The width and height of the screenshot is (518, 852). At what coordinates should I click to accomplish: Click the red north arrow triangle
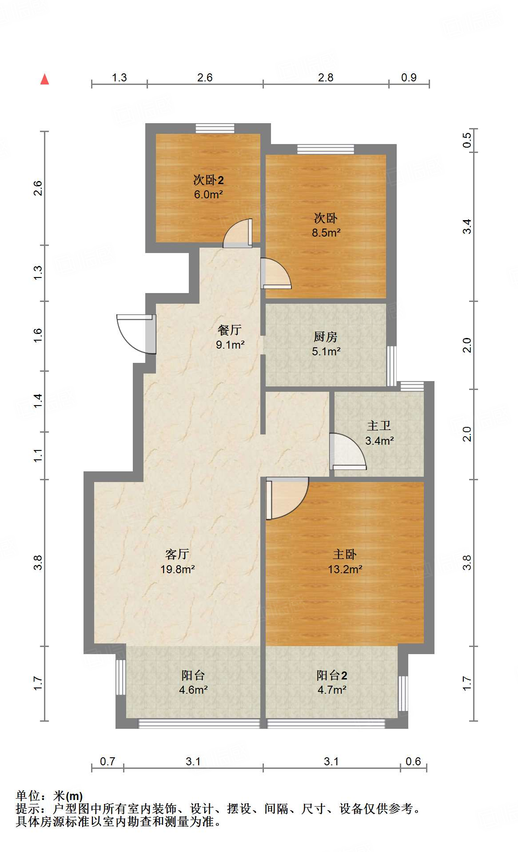[44, 80]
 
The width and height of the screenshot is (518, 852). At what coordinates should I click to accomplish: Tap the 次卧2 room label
[208, 180]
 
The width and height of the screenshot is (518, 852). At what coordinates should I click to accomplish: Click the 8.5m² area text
[326, 233]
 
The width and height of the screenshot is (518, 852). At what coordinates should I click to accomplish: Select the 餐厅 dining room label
[230, 330]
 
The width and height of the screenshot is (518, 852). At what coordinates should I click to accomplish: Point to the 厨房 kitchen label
[326, 337]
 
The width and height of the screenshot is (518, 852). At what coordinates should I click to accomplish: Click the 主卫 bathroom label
[379, 426]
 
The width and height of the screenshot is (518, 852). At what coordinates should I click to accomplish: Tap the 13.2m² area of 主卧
[345, 569]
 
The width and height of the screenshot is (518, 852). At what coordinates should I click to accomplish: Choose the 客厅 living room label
[177, 555]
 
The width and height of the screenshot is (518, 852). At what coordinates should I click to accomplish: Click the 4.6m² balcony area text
[193, 690]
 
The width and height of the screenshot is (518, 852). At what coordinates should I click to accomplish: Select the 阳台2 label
[332, 675]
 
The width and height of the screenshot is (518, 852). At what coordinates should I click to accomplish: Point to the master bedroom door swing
[287, 498]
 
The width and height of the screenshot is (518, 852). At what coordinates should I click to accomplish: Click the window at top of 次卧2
[215, 128]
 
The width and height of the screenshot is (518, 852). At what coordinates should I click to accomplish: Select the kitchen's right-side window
[391, 366]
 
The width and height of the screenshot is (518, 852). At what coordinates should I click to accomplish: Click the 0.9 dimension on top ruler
[409, 77]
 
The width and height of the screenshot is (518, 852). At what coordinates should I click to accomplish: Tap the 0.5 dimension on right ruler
[467, 141]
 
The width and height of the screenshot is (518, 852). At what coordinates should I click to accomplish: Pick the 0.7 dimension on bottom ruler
[108, 761]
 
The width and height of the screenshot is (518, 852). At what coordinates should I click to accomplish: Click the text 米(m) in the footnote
[68, 796]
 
